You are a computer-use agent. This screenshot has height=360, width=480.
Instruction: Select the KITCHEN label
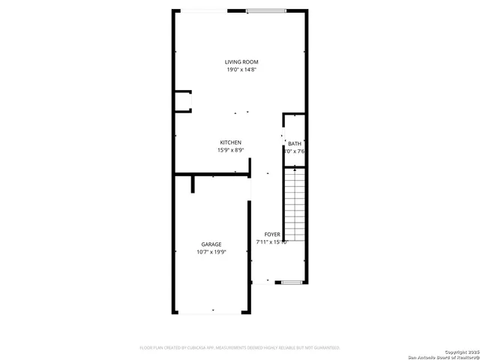click(x=230, y=142)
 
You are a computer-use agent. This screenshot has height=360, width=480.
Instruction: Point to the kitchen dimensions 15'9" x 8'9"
click(x=230, y=150)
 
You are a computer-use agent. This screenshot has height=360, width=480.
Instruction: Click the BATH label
click(x=294, y=143)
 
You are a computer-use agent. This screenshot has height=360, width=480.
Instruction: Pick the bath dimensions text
click(x=294, y=151)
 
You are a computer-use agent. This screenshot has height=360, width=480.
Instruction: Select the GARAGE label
click(x=211, y=244)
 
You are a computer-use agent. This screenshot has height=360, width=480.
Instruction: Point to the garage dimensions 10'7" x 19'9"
click(x=211, y=252)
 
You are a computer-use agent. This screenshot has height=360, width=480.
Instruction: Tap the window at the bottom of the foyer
click(x=292, y=283)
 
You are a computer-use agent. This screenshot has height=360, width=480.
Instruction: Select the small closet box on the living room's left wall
click(x=182, y=101)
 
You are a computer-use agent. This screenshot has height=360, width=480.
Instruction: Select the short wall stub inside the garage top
click(x=193, y=184)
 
